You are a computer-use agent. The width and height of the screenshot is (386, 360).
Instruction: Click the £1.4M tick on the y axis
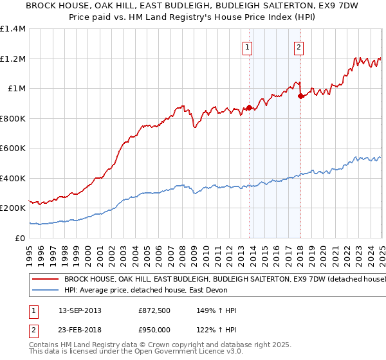click(14, 29)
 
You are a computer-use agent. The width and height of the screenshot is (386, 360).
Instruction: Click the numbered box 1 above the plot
click(248, 47)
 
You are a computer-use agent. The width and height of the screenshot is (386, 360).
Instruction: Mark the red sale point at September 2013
click(249, 108)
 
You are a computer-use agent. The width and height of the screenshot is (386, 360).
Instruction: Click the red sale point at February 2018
click(300, 96)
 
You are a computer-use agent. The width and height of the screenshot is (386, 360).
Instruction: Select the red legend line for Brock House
click(45, 280)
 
